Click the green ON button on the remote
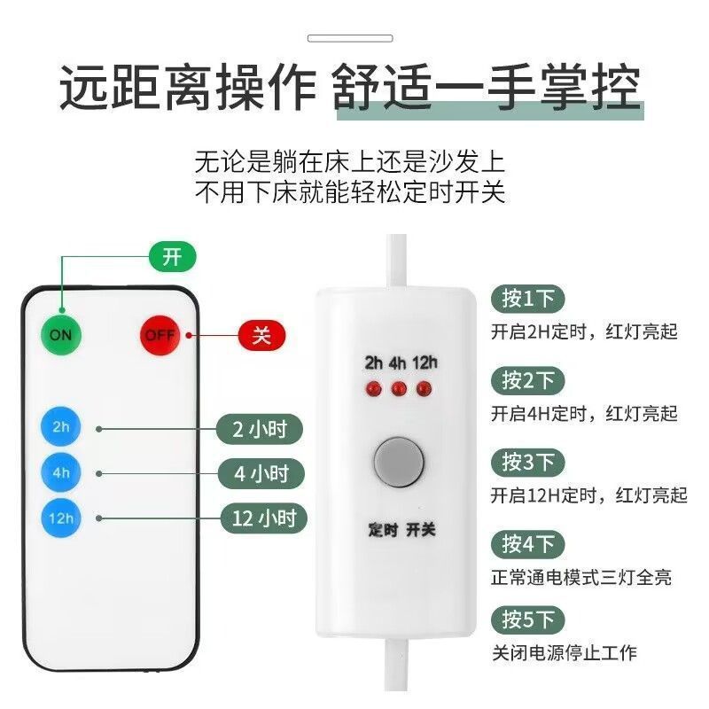tap(60, 335)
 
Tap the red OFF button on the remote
tap(160, 335)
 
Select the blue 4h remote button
tap(60, 471)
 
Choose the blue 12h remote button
tap(60, 518)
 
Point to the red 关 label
tap(261, 336)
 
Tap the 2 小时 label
tap(260, 430)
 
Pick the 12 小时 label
tap(263, 518)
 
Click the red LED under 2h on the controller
tap(374, 388)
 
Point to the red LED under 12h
tap(425, 388)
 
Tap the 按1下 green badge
tap(528, 300)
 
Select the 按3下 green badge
tap(528, 462)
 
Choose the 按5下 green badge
tap(528, 619)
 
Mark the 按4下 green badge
tap(528, 542)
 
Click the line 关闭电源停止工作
tap(565, 653)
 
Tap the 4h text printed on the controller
tap(399, 362)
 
